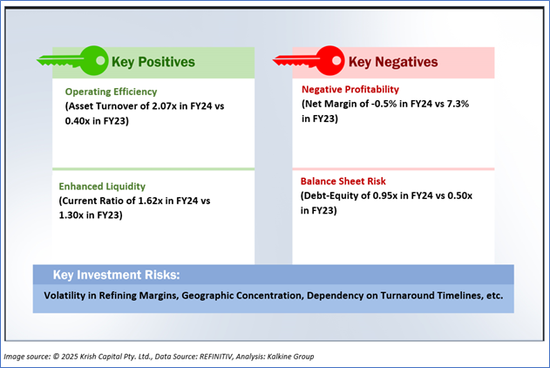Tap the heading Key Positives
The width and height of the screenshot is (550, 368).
point(153,62)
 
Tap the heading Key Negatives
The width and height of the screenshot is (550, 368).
point(393,62)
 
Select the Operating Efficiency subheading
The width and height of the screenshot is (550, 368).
point(111,92)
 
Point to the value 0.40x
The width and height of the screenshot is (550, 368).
point(78,121)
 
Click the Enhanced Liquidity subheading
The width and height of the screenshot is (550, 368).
point(102,187)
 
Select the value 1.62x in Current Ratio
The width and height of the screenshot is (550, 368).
point(150,201)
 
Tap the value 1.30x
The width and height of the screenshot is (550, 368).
point(71,215)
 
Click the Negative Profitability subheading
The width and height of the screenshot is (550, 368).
point(350,90)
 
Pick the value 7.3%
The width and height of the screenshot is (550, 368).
point(458,104)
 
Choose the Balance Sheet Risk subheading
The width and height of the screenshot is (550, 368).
point(343,181)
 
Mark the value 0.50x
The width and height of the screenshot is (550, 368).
point(460,195)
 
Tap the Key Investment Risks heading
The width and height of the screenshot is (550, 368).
point(116,275)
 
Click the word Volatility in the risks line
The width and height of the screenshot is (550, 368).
point(65,296)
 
